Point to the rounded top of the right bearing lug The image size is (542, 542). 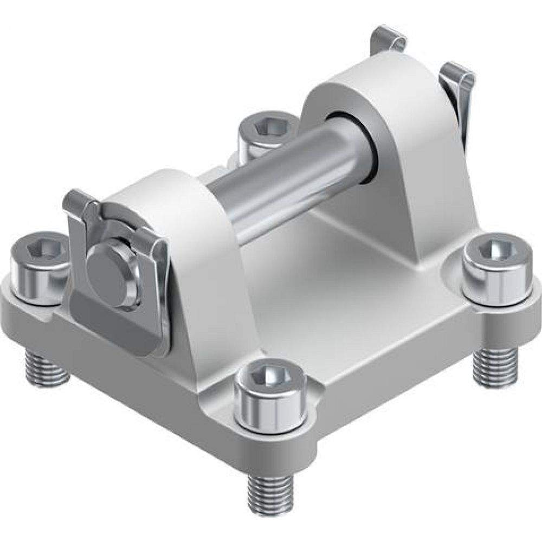(374, 81)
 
